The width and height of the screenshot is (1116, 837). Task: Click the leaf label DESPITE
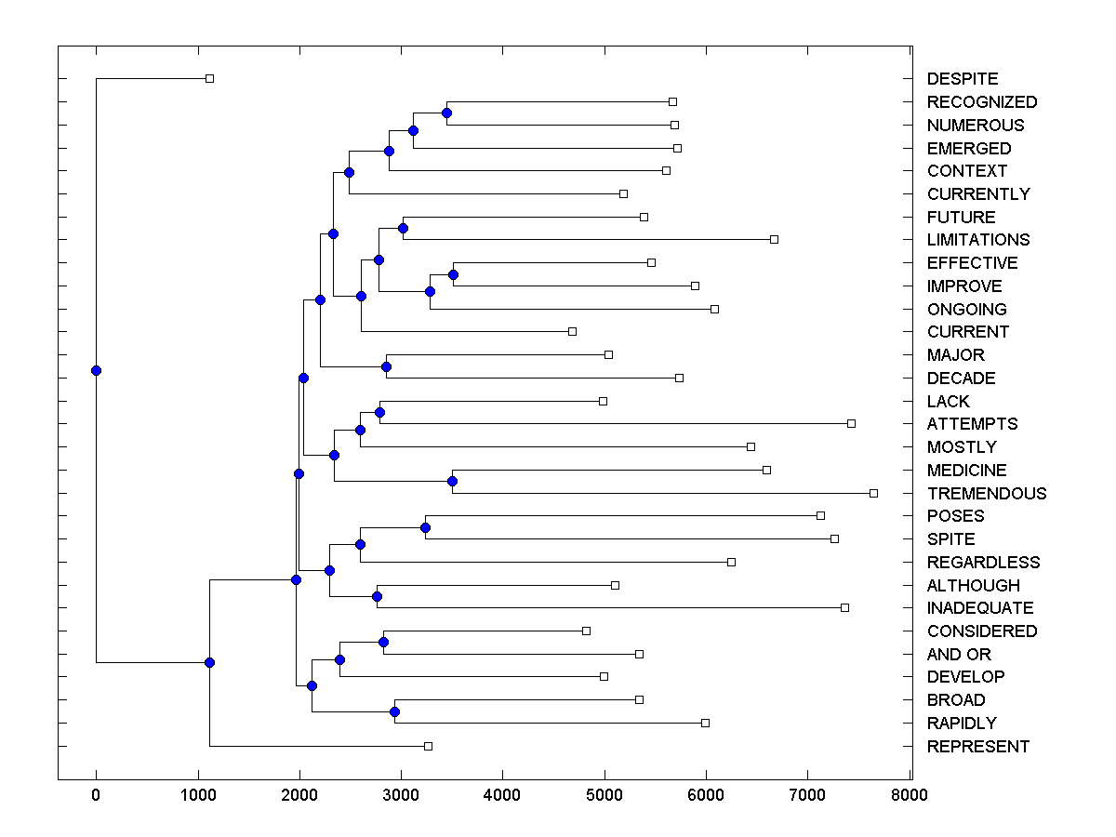[962, 79]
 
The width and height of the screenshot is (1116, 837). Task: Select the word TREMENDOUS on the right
[986, 493]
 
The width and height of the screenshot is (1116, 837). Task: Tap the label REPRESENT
[977, 746]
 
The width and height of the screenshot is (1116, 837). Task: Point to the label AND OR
[959, 654]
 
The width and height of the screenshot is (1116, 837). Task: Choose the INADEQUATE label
[979, 607]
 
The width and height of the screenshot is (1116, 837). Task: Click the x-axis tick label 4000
[502, 794]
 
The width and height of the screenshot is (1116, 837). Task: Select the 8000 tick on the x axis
[909, 794]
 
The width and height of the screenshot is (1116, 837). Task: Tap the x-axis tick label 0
[96, 794]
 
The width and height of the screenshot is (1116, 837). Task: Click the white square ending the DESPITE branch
[209, 78]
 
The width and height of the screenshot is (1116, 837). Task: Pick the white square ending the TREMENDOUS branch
[873, 493]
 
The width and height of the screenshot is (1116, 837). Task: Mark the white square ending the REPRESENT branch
[429, 746]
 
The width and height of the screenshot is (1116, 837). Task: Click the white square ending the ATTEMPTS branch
[851, 423]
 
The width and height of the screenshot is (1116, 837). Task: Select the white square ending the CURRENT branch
[572, 331]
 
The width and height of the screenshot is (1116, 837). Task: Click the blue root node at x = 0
[96, 370]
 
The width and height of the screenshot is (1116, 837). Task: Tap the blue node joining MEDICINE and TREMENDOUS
[452, 481]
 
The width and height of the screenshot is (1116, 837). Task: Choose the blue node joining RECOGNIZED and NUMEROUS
[446, 113]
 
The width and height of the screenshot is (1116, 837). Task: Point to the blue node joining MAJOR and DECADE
[386, 366]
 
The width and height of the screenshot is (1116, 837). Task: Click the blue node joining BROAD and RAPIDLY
[394, 711]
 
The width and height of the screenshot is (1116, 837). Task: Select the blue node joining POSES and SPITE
[425, 527]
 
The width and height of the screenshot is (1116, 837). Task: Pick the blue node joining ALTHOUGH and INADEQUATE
[377, 596]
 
